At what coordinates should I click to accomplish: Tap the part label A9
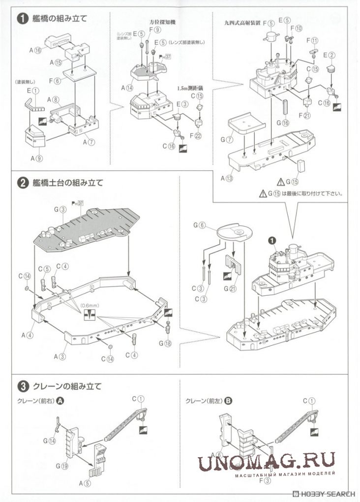(36, 158)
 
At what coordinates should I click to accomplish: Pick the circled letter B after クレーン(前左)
(228, 401)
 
